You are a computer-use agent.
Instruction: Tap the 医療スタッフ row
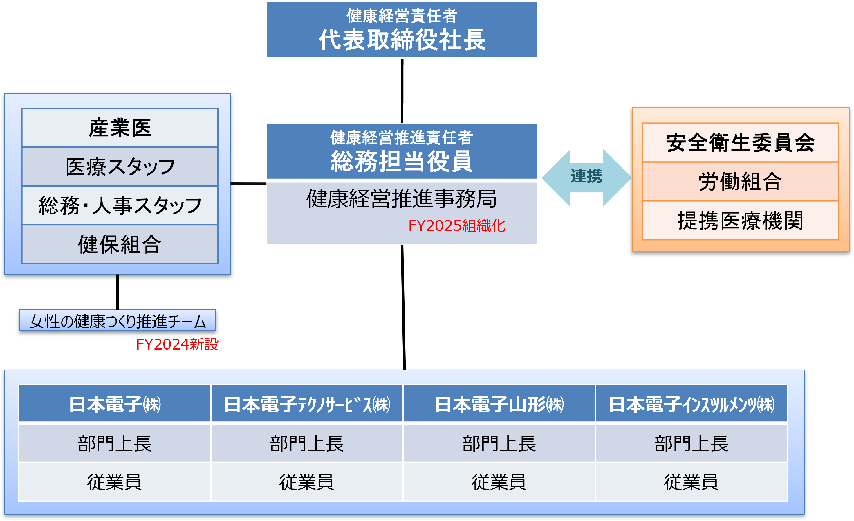[120, 166]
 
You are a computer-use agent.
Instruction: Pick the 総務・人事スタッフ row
[120, 205]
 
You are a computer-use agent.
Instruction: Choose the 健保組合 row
[120, 244]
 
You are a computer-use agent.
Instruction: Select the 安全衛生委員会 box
[740, 143]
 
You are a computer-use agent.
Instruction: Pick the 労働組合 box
[740, 182]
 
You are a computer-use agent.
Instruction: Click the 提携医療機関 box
[740, 221]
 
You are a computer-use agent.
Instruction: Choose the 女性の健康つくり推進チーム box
[118, 321]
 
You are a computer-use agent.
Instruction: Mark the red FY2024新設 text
[177, 344]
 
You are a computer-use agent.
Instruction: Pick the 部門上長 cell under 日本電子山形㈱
[499, 443]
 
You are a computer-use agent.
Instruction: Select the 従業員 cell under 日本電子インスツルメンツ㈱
[691, 482]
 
